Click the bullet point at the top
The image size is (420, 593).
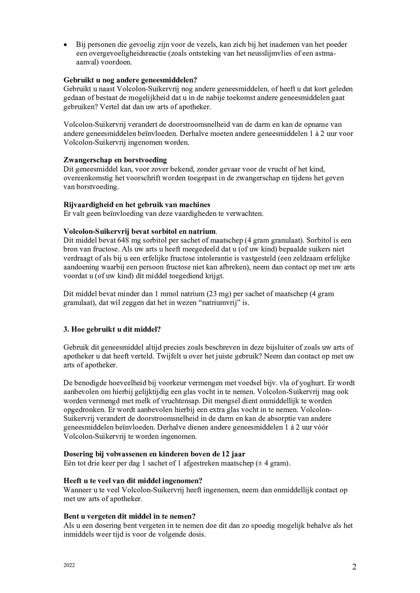(x=66, y=45)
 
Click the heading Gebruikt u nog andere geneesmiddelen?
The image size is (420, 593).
(x=130, y=80)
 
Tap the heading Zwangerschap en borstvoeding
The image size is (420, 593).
(x=115, y=160)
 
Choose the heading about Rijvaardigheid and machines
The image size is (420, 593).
(x=137, y=205)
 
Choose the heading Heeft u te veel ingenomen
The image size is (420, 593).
(x=133, y=481)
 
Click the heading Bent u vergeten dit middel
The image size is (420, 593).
(x=129, y=517)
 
